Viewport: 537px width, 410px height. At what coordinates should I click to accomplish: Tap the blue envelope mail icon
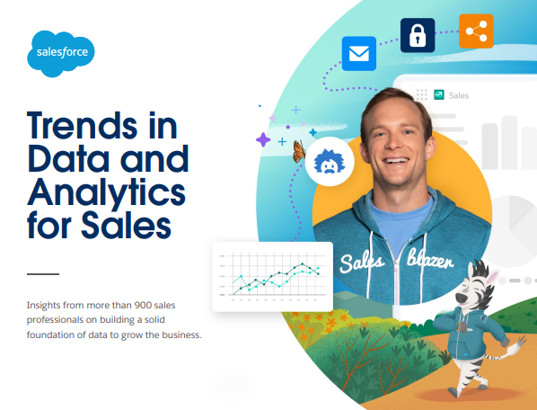click(x=359, y=54)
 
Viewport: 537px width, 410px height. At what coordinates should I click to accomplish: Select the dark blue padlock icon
click(x=417, y=35)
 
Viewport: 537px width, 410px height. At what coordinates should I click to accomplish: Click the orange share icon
click(x=476, y=31)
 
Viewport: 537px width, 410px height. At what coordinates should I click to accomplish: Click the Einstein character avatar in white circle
click(x=329, y=163)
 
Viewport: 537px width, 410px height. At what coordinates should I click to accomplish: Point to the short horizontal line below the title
click(x=42, y=273)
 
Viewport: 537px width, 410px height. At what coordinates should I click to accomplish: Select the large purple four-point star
click(x=263, y=139)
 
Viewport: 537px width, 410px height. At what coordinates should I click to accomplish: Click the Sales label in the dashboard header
click(x=459, y=94)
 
